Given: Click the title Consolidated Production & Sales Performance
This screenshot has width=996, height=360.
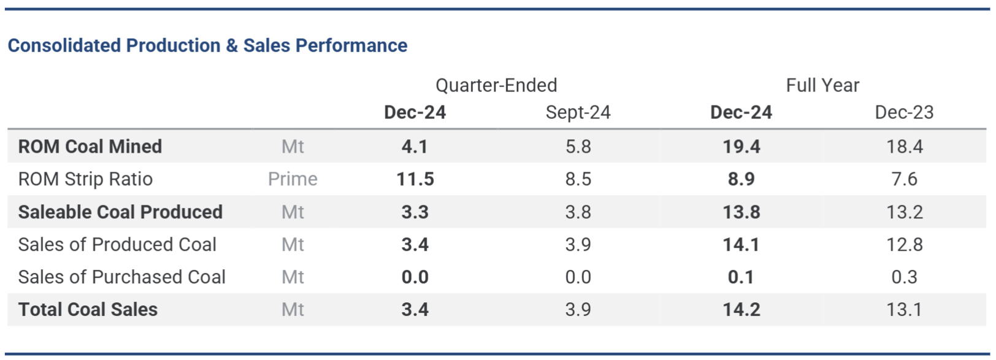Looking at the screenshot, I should pos(207,45).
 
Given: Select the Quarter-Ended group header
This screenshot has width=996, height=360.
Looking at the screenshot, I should pos(496,85).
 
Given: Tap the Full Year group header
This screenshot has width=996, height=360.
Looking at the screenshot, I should pos(822,85).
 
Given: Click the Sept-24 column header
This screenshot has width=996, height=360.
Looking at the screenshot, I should pos(578,113).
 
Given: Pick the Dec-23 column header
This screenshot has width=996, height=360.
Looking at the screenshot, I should pos(903,113).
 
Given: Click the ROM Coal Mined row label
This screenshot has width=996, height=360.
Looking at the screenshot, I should pos(90,147).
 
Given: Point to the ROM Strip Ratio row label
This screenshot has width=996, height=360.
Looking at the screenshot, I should pos(85,179).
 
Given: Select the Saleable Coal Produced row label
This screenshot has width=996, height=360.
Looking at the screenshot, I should pos(120,212).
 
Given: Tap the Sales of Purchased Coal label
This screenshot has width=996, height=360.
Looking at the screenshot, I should pos(121,277).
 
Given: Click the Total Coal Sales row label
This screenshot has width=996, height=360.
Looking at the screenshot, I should pos(88,310).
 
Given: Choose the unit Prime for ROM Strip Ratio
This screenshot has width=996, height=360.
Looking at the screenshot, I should pos(293,179).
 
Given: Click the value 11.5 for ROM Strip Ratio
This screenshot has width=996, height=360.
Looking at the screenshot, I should pos(415,179).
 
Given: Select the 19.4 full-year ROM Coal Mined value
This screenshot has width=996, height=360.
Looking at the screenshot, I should pos(741,147).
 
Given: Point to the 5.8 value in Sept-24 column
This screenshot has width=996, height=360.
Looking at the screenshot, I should pos(578,147).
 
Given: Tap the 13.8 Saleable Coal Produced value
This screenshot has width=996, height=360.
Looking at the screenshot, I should pos(741,212).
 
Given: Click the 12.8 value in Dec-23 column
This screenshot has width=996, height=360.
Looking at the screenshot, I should pos(904,245).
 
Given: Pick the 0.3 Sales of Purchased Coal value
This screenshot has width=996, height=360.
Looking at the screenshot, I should pos(904,277).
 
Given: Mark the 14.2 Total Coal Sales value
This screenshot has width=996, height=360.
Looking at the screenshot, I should pos(741,310).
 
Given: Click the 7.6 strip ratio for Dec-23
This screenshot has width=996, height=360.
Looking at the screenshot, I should pos(904,179).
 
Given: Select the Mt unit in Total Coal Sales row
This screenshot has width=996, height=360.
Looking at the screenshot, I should pos(293,310).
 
